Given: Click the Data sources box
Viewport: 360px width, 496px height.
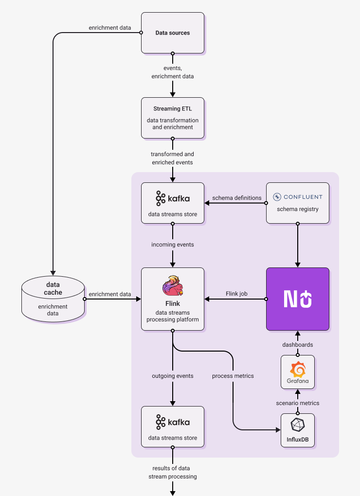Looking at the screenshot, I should coord(172,33).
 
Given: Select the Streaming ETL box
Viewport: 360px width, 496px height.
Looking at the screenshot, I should coord(172,117).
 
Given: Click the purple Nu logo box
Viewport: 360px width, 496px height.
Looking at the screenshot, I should coord(297,299).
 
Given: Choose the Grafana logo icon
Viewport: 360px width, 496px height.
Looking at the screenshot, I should coord(297,372).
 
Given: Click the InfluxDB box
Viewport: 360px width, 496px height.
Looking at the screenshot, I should coord(297,430).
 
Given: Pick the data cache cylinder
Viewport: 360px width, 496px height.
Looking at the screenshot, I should coord(53,299).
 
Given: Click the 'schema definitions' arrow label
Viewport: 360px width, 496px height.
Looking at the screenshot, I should coord(237,198).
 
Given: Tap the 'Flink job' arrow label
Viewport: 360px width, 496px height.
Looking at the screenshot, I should coord(237,294).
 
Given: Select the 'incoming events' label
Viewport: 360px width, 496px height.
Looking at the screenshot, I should coord(173,245).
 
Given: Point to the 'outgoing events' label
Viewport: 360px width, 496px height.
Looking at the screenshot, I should coord(173,376).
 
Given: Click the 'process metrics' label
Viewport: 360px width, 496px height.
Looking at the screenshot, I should coord(233,376).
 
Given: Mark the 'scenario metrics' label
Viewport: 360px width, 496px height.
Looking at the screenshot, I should coord(298,403).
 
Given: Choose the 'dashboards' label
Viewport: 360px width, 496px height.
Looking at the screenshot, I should coord(298,344).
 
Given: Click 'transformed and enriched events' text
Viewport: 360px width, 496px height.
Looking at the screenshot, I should coord(172,158).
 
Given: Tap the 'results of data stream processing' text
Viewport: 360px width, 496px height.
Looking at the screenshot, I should coord(173,472).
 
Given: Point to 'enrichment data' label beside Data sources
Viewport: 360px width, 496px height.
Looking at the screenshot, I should coord(109,28).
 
